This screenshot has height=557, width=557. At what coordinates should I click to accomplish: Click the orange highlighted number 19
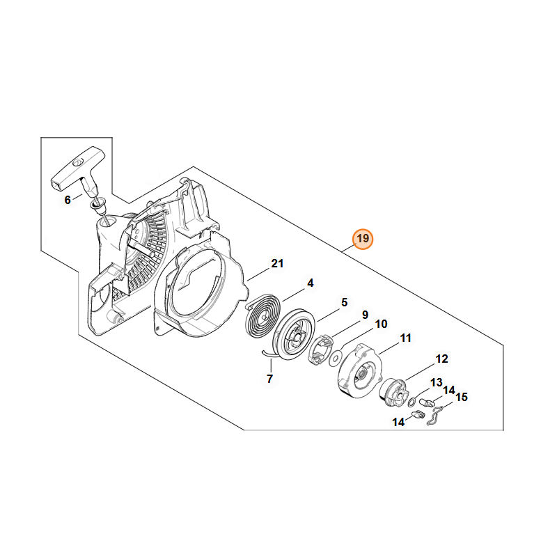[362, 238]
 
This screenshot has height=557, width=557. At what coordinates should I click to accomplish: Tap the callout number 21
[277, 264]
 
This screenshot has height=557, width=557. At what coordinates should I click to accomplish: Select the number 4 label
[310, 283]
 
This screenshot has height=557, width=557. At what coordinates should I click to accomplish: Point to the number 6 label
[68, 200]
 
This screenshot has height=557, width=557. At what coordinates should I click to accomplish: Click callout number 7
[269, 379]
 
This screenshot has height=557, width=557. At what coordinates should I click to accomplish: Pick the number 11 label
[405, 338]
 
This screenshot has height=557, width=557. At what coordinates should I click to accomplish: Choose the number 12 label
[441, 359]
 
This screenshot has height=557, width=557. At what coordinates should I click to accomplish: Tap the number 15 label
[462, 397]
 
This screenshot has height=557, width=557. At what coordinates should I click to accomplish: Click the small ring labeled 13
[412, 402]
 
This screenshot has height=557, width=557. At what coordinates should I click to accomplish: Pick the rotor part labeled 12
[393, 392]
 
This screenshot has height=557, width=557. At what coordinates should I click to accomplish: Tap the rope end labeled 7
[269, 354]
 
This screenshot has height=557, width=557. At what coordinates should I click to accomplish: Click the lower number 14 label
[398, 422]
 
